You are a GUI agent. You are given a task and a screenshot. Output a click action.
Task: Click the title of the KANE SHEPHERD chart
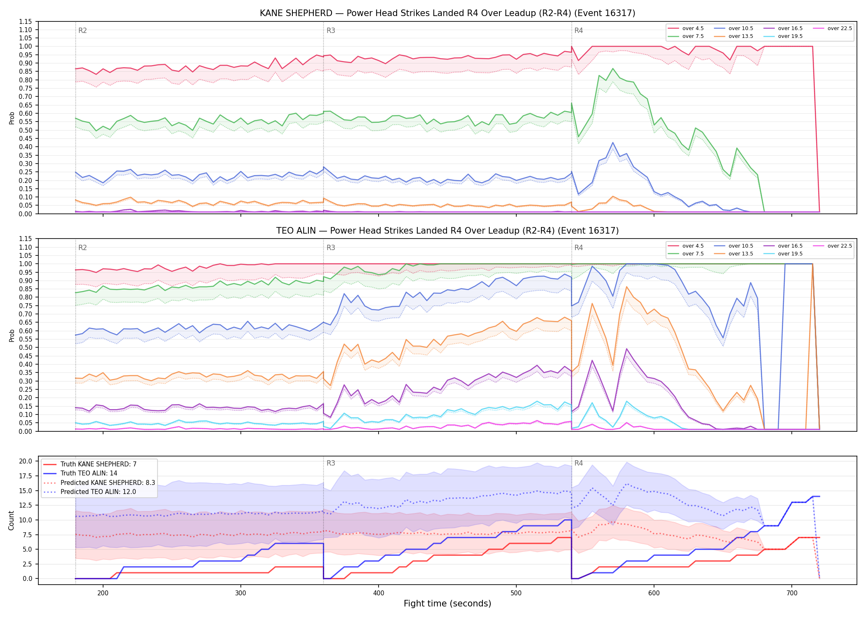pyautogui.click(x=447, y=13)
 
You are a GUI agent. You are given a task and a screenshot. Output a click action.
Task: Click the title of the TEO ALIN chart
pyautogui.click(x=447, y=231)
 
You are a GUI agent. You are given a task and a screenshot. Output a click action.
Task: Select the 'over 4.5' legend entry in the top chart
pyautogui.click(x=686, y=28)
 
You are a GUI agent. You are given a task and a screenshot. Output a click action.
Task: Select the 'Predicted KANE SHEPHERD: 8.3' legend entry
pyautogui.click(x=99, y=482)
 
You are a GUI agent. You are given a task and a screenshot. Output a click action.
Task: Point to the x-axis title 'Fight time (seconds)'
pyautogui.click(x=447, y=604)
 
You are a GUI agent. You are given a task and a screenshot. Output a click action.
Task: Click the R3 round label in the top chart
pyautogui.click(x=331, y=30)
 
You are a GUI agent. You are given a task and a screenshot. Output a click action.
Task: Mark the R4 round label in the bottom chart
pyautogui.click(x=579, y=463)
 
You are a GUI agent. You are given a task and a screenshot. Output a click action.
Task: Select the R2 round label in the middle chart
pyautogui.click(x=82, y=248)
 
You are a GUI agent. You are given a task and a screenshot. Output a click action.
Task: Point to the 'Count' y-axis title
pyautogui.click(x=12, y=520)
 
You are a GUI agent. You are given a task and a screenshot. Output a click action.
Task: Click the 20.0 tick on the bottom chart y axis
pyautogui.click(x=27, y=461)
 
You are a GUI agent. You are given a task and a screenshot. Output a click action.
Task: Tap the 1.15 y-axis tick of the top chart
pyautogui.click(x=26, y=21)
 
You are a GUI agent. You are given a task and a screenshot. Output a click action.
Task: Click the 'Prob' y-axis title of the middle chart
pyautogui.click(x=12, y=335)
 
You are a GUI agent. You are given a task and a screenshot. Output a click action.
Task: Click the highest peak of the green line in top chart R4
pyautogui.click(x=613, y=68)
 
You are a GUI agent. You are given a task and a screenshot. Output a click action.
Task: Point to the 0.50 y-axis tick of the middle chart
pyautogui.click(x=26, y=347)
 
